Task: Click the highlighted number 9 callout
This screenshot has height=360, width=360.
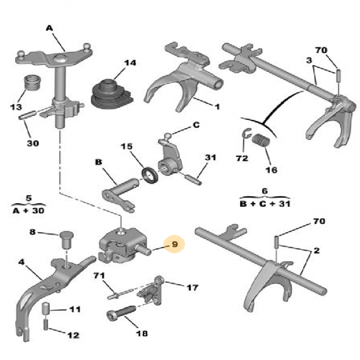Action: tap(175, 245)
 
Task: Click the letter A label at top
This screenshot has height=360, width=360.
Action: tap(50, 27)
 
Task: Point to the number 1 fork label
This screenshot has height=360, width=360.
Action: tap(215, 107)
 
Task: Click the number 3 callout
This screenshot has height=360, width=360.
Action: tap(309, 60)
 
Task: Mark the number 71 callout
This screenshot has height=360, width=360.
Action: tap(99, 277)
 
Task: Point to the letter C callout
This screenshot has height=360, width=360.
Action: tap(196, 126)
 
